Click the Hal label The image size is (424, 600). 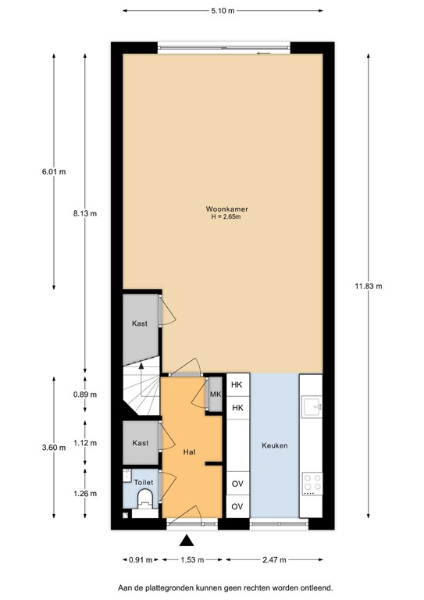click(x=189, y=452)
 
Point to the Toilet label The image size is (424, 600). click(x=143, y=483)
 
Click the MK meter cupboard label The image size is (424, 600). click(x=215, y=394)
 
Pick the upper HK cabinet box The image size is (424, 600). click(x=237, y=385)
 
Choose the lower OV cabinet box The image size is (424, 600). click(x=237, y=506)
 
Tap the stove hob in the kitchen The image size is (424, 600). click(x=312, y=484)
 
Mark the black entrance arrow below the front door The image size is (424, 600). click(x=186, y=540)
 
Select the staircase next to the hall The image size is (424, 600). click(x=141, y=394)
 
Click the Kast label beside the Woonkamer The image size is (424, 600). click(x=141, y=323)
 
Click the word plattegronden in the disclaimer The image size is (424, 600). click(x=180, y=586)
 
